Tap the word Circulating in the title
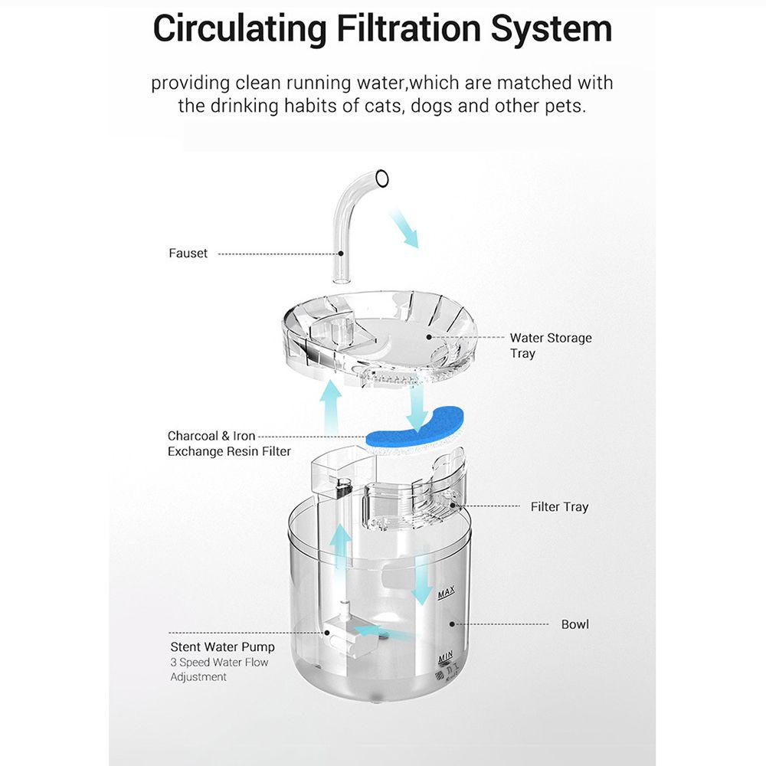(x=240, y=28)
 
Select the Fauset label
(x=188, y=253)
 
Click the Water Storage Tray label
(x=550, y=345)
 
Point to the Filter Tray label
(x=559, y=506)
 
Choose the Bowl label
(x=574, y=624)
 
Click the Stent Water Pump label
(x=222, y=647)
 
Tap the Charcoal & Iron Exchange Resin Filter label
(x=229, y=444)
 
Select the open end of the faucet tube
(x=382, y=179)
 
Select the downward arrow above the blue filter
(x=417, y=406)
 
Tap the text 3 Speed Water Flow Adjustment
(x=219, y=669)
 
